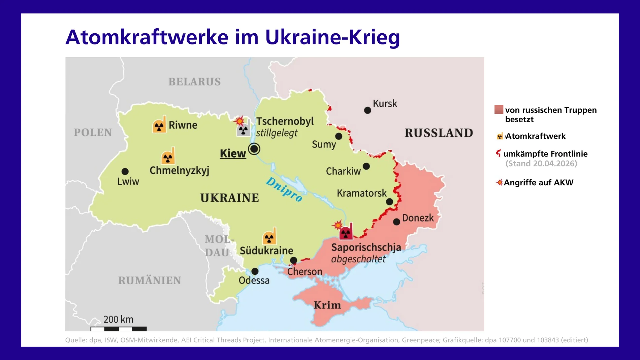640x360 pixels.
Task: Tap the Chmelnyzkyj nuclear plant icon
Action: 168,156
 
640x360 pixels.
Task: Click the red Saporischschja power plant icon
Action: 346,232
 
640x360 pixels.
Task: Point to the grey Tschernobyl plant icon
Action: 243,129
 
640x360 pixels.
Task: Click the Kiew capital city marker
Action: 254,149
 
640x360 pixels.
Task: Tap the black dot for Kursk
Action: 367,110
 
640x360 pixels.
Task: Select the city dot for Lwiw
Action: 125,171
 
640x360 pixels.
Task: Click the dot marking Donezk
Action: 396,222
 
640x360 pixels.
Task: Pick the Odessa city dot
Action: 255,271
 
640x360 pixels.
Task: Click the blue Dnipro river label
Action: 284,189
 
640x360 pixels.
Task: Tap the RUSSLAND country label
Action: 439,133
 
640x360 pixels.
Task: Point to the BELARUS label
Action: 194,82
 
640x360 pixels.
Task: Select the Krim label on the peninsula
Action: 327,305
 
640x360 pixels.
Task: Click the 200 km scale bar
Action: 119,328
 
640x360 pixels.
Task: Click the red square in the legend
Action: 499,110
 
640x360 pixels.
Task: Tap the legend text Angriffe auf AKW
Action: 538,183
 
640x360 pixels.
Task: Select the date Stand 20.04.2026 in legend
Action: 541,164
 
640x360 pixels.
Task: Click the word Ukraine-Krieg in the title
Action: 332,37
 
